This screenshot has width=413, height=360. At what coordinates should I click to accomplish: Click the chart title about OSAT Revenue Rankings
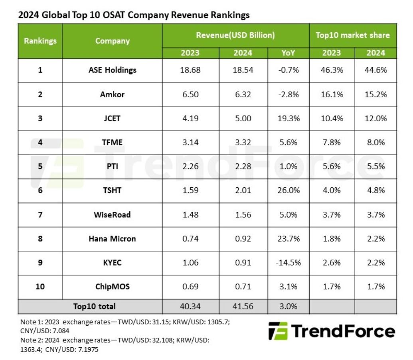tap(134, 15)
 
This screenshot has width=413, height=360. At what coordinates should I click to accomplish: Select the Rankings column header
tap(40, 41)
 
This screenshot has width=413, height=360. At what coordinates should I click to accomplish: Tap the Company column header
tap(112, 41)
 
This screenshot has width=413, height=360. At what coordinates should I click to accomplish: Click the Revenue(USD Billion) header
tap(235, 35)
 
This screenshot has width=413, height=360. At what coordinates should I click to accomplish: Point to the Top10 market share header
tap(353, 35)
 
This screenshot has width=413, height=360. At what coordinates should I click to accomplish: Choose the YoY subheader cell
tap(288, 53)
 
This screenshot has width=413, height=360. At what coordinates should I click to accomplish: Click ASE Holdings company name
tap(112, 70)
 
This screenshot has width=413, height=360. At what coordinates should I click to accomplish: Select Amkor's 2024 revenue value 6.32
tap(243, 94)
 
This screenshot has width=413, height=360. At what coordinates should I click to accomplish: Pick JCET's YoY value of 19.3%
tap(288, 118)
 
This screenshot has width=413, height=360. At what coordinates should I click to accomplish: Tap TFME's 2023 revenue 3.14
tap(190, 142)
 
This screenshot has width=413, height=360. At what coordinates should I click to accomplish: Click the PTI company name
tap(112, 166)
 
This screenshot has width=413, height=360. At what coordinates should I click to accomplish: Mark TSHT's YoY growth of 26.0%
tap(288, 191)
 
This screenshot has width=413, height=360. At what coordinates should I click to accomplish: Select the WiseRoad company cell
tap(112, 214)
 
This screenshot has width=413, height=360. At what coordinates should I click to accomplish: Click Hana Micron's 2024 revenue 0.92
tap(243, 239)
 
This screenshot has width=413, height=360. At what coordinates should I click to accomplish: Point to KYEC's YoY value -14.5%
tap(288, 263)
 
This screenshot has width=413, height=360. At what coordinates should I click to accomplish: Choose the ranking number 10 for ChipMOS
tap(40, 287)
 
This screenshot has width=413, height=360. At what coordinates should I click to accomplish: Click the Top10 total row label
tap(94, 306)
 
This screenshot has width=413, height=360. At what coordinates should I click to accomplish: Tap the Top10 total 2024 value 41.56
tap(243, 306)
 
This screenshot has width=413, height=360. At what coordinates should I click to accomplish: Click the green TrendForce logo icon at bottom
tap(278, 331)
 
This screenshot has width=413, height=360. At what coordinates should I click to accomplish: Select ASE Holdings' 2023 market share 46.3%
tap(331, 70)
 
